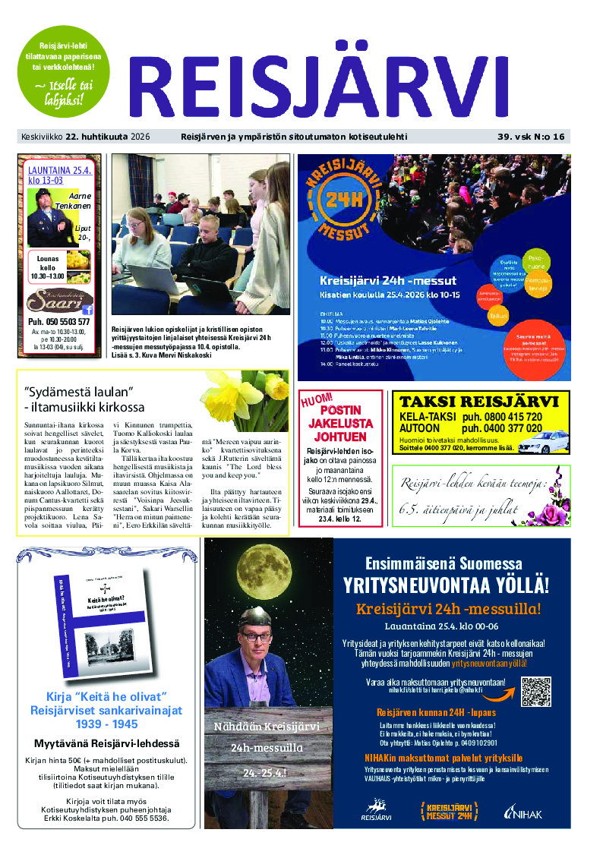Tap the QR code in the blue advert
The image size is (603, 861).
click(536, 691)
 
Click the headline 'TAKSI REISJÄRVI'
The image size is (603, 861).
click(479, 402)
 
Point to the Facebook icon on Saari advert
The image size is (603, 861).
click(87, 309)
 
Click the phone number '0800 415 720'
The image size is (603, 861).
click(513, 417)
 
